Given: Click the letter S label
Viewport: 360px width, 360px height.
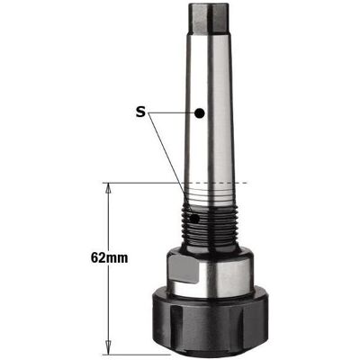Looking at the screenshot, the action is click(x=140, y=112).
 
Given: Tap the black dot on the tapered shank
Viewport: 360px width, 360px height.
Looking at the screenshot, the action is click(x=200, y=113).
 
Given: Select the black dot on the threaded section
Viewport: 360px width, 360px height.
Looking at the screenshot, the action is click(x=194, y=219).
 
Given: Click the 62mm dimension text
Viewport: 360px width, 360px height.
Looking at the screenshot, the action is click(x=110, y=258).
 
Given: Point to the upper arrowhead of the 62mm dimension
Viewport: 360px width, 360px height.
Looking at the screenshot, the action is click(x=109, y=187).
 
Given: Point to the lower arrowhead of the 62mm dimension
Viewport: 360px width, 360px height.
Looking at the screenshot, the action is click(x=109, y=350).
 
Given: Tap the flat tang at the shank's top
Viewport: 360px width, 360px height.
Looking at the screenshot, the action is click(x=209, y=18).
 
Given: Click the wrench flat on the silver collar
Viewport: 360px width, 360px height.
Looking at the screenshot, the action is click(x=184, y=269).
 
